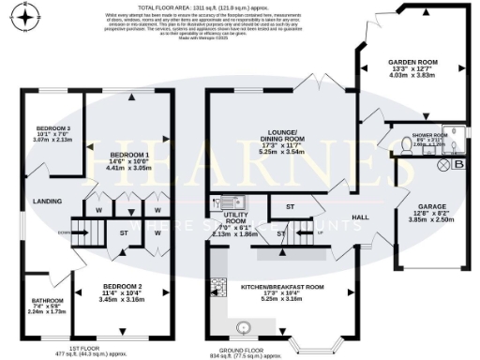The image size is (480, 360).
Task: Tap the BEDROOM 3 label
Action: pyautogui.click(x=52, y=132)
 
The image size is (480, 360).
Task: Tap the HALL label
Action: pyautogui.click(x=358, y=217)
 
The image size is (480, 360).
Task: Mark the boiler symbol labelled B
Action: pyautogui.click(x=458, y=165)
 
